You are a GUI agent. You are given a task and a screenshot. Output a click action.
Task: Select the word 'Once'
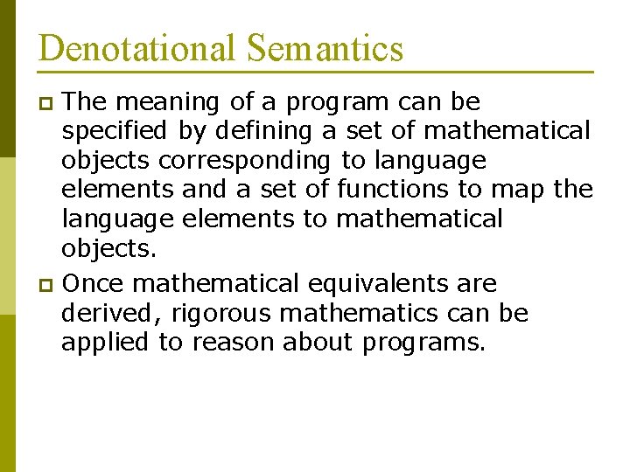pos(94,284)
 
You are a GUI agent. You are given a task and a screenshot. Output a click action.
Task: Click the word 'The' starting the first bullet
pos(85,103)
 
